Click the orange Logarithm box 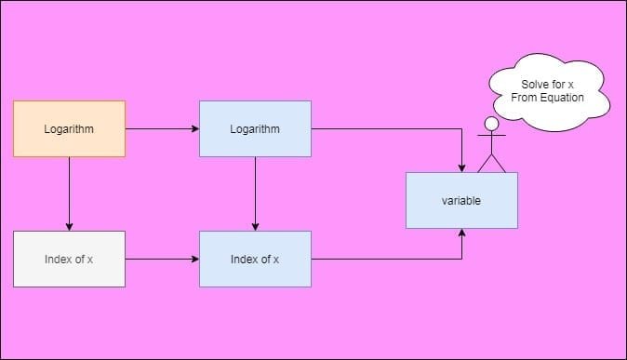pos(69,128)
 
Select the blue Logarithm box pos(255,128)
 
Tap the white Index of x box pos(69,259)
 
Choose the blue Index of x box pos(255,259)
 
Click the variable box pos(461,201)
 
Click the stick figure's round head pos(492,124)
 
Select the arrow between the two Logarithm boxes pos(162,128)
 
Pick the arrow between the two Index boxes pos(162,259)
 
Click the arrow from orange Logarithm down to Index pos(69,193)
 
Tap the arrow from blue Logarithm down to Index pos(255,193)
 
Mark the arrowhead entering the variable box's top pos(462,167)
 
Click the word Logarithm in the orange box pos(69,128)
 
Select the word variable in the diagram pos(461,201)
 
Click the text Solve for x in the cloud pos(548,85)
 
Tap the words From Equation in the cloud pos(548,98)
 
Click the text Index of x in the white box pos(69,259)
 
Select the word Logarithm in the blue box pos(255,128)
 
